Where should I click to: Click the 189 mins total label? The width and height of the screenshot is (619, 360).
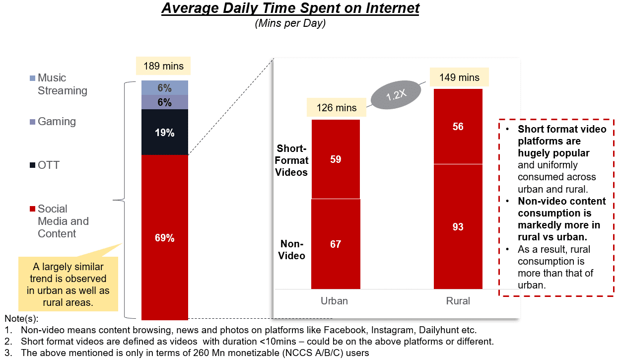(x=163, y=66)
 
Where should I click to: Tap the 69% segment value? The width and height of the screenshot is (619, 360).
(x=165, y=238)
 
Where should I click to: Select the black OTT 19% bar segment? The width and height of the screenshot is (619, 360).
(x=165, y=133)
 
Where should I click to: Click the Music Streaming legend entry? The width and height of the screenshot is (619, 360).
(x=58, y=84)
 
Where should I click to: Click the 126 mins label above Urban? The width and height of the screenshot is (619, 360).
(x=337, y=108)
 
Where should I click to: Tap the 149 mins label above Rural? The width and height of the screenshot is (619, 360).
(x=459, y=77)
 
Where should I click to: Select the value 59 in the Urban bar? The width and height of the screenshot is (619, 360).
(x=336, y=159)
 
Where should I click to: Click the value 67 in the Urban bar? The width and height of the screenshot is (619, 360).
(x=336, y=244)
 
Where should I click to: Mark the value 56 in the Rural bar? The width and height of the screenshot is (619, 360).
(x=458, y=127)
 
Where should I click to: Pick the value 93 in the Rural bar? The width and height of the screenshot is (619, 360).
(x=458, y=227)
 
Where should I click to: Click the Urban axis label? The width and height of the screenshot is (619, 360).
(x=335, y=301)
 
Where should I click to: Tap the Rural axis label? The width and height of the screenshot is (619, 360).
(x=458, y=301)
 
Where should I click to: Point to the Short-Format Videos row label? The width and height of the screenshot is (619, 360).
(x=292, y=160)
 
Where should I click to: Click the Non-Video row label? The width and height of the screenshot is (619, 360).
(x=292, y=250)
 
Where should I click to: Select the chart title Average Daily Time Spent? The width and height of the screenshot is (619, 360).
(x=290, y=9)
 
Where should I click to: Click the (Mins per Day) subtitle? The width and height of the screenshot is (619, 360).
(x=290, y=23)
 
